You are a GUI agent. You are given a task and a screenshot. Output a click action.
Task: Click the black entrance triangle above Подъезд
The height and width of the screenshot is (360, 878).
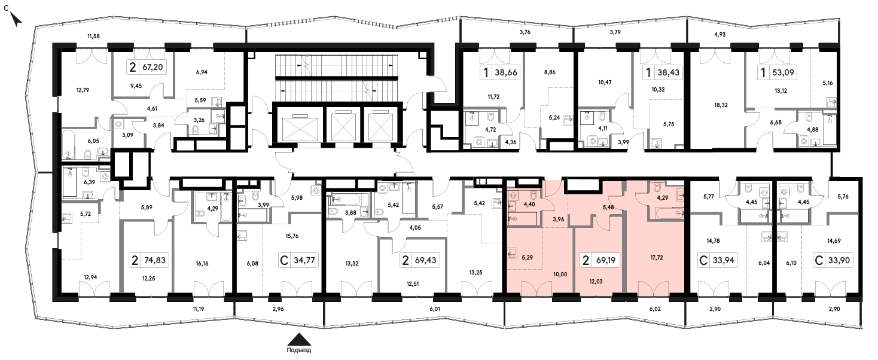[x=300, y=339]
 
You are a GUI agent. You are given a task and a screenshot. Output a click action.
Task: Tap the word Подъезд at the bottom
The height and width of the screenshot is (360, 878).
[x=299, y=350]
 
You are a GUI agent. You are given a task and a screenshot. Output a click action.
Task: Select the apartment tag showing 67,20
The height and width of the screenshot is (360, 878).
[x=147, y=67]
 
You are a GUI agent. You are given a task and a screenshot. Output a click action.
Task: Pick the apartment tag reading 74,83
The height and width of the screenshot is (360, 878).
[x=149, y=260]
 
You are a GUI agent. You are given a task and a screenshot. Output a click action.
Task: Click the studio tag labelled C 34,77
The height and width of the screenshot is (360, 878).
[x=298, y=260]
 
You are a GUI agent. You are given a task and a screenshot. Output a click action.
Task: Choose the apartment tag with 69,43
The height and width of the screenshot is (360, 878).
[x=419, y=260]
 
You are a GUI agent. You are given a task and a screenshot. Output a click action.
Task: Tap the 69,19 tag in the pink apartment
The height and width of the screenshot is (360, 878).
[x=600, y=260]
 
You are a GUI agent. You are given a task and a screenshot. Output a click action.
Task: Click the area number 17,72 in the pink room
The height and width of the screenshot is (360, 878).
[x=657, y=258]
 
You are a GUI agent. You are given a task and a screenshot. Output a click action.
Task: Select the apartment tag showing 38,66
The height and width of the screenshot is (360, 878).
[x=500, y=72]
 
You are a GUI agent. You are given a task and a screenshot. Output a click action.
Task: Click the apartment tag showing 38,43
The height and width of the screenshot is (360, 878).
[x=663, y=72]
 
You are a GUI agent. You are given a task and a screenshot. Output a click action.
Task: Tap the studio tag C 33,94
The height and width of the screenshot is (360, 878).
[x=717, y=260]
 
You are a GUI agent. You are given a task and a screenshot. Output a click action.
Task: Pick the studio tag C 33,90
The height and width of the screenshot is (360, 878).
[x=833, y=260]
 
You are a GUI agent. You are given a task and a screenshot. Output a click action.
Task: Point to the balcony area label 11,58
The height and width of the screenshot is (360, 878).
[x=93, y=36]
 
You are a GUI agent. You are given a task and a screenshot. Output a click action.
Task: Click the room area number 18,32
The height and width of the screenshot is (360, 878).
[x=721, y=105]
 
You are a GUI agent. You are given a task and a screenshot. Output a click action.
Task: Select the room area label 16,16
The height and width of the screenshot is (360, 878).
[x=202, y=264]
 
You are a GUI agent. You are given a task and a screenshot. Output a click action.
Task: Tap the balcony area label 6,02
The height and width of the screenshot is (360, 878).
[x=655, y=309]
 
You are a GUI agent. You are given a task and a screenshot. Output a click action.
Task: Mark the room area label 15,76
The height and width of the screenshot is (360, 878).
[x=292, y=236]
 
